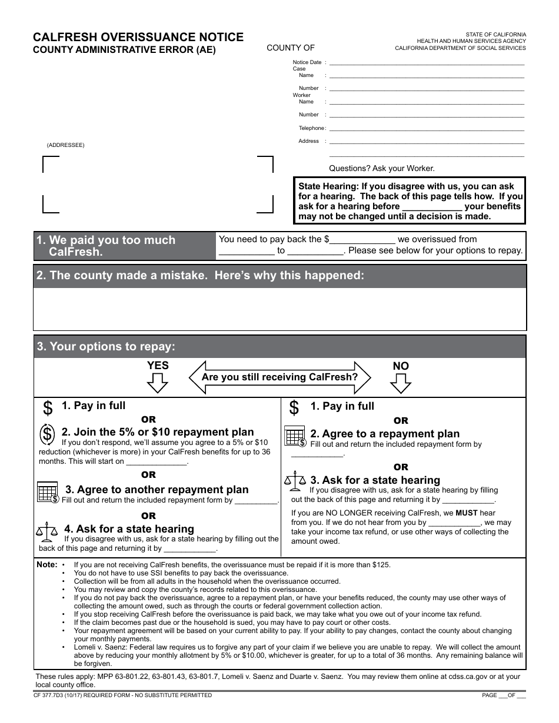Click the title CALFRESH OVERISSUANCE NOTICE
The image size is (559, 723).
[138, 37]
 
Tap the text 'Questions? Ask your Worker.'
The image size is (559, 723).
[381, 168]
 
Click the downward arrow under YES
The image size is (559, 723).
[157, 383]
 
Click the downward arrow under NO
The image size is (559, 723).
[400, 383]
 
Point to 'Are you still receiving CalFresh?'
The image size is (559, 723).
[279, 377]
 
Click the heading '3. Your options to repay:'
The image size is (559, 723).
[106, 347]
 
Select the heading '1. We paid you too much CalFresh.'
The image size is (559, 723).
[106, 246]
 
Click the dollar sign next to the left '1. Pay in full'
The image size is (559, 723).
[48, 407]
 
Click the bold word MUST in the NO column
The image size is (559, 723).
[467, 513]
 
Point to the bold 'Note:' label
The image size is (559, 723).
[47, 564]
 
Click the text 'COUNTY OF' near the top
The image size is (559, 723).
[291, 48]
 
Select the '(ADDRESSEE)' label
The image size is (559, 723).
[66, 145]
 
